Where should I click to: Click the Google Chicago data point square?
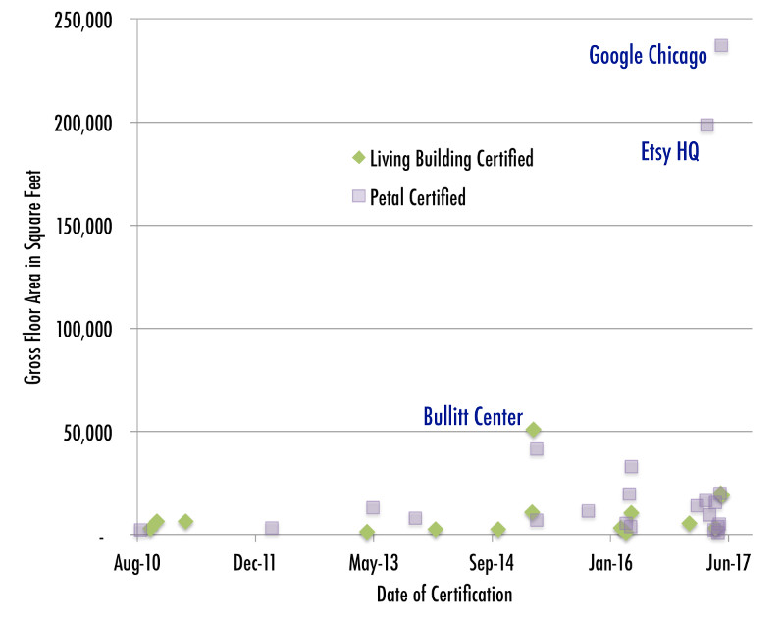(x=721, y=45)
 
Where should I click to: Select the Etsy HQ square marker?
(x=706, y=125)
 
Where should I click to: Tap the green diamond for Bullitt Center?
(x=533, y=430)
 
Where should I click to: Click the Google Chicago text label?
(x=648, y=56)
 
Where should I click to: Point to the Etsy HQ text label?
(x=669, y=153)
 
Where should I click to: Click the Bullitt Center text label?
(x=473, y=416)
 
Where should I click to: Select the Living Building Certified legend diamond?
(x=358, y=157)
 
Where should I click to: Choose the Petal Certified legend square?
(x=358, y=196)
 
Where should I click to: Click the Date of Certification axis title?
(x=443, y=595)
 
